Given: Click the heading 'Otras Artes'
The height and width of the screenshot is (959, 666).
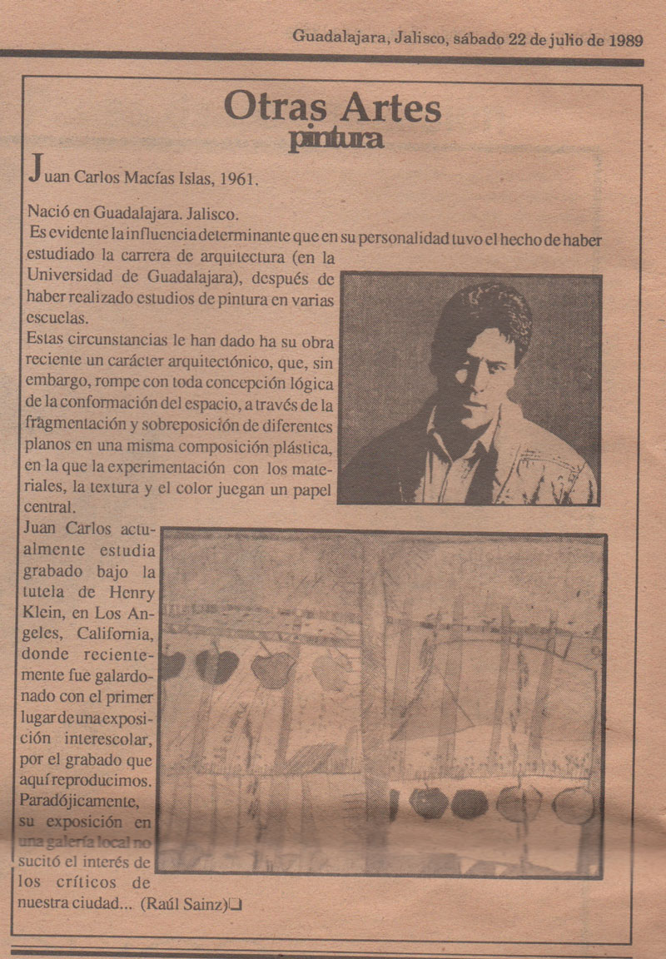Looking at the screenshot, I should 333,107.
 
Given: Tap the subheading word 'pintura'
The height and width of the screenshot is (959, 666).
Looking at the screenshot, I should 335,139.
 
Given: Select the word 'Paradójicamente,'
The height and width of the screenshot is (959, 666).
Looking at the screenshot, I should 77,800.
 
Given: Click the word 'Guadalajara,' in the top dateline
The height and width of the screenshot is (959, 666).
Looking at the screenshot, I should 339,37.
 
